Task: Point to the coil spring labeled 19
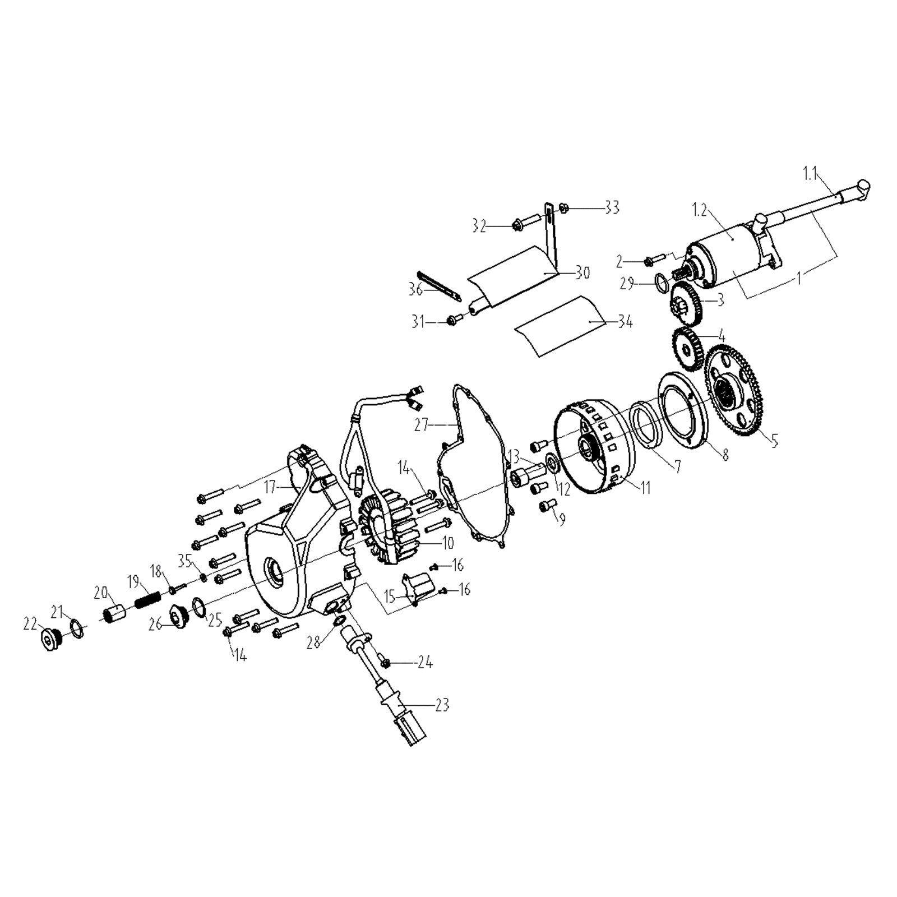tap(149, 602)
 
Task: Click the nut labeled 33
tap(565, 208)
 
